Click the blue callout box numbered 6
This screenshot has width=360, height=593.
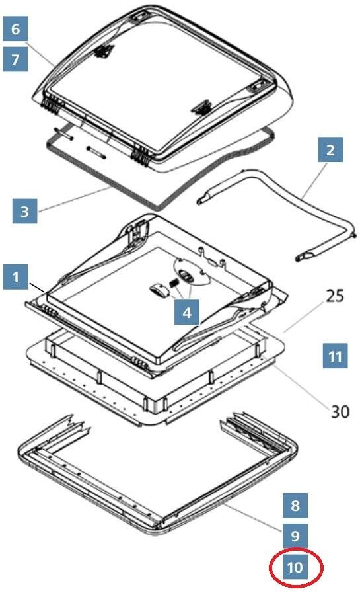pos(15,28)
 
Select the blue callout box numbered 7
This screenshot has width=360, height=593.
pos(15,59)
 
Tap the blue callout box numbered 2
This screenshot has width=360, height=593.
pos(330,149)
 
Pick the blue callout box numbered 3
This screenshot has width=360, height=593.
pos(24,211)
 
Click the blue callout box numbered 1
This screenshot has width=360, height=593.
pos(15,277)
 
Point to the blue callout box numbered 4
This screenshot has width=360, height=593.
pos(187,312)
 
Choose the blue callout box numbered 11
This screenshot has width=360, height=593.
pos(335,356)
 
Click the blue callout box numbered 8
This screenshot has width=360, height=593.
pos(295,505)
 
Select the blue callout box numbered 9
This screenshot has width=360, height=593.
pos(295,535)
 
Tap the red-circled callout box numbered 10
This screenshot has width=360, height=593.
pos(295,567)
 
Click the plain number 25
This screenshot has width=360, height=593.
pos(335,296)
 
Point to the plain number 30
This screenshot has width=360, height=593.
pos(340,411)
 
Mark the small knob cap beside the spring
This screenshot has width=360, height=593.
pos(159,292)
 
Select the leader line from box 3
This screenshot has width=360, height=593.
pos(75,199)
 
